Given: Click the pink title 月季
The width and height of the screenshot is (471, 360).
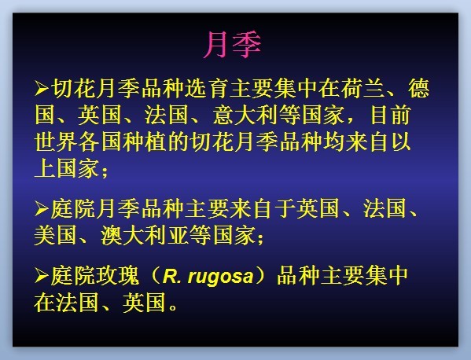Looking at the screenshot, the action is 232,45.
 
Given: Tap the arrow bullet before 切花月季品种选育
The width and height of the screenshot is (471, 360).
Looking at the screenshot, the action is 42,88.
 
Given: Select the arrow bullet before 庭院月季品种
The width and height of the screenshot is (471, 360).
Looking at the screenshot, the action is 42,208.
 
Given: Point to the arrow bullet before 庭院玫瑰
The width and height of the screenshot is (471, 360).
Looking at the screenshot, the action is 42,276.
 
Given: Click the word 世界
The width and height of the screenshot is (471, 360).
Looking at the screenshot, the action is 56,141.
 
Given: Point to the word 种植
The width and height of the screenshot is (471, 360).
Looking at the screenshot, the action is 134,141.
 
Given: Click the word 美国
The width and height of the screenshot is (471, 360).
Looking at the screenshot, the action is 56,236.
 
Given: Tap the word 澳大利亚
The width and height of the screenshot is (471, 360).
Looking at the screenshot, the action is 145,236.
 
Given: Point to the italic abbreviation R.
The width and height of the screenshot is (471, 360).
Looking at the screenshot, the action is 172,276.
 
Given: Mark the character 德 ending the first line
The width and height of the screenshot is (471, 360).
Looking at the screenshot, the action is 419,88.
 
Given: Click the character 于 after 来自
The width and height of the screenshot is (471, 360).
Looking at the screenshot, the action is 285,208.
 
